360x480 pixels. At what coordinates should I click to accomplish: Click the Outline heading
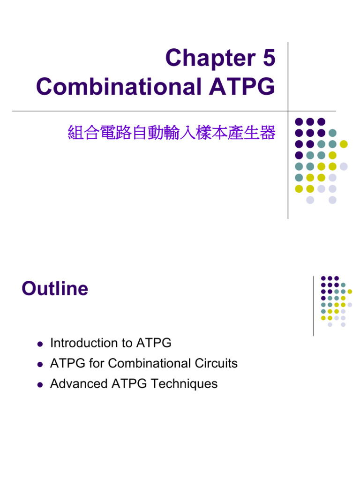pos(55,289)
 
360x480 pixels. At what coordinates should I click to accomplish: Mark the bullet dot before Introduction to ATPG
pos(40,344)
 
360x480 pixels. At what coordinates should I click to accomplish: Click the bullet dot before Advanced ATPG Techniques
pos(40,384)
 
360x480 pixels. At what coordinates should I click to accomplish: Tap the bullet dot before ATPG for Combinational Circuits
pos(40,364)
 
